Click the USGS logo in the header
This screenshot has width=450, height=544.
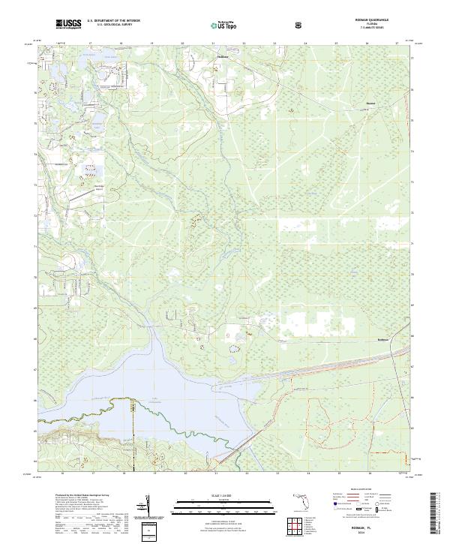(69, 25)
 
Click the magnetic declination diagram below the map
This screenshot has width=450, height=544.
(147, 509)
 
